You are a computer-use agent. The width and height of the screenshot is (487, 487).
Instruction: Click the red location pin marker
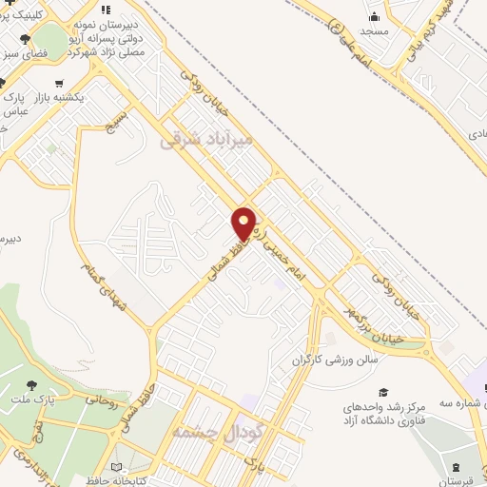[x=243, y=224]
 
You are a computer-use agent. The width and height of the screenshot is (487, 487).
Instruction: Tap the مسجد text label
[x=374, y=31]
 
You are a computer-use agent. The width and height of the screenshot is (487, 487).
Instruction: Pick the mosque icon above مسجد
[x=374, y=15]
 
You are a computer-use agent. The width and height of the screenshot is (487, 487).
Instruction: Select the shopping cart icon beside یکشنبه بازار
[x=61, y=82]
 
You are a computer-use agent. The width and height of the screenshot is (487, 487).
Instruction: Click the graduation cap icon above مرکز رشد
[x=383, y=392]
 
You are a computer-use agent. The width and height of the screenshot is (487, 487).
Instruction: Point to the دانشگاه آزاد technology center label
[x=384, y=414]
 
